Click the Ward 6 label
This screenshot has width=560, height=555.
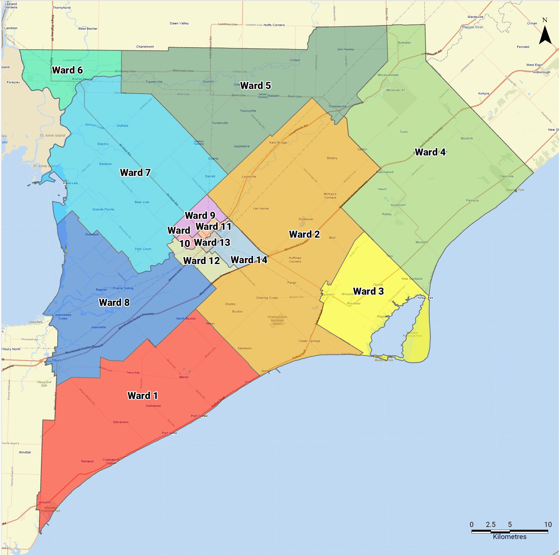[x=67, y=70]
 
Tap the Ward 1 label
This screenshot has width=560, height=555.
[x=143, y=395]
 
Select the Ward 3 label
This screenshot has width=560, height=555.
[x=368, y=291]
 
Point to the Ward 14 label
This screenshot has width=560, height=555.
[x=249, y=260]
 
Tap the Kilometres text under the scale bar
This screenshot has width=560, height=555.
[x=509, y=536]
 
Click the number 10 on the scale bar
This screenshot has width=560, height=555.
[x=548, y=524]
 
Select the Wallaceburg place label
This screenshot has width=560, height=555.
[x=82, y=79]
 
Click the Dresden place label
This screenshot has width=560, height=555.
[x=208, y=81]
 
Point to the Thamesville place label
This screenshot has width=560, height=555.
[x=337, y=106]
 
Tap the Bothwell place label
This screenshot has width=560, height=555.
[x=404, y=43]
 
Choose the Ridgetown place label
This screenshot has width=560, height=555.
[x=398, y=205]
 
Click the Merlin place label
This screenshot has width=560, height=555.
[x=184, y=377]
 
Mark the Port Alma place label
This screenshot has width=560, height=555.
[x=169, y=433]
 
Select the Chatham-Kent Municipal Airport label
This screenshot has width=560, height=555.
[x=277, y=320]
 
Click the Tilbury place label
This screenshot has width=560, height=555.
[x=56, y=360]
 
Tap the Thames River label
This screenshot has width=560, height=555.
[x=472, y=27]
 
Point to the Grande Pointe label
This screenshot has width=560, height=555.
[x=103, y=209]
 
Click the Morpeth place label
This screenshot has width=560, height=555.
[x=422, y=242]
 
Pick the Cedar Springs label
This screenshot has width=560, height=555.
[x=309, y=341]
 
